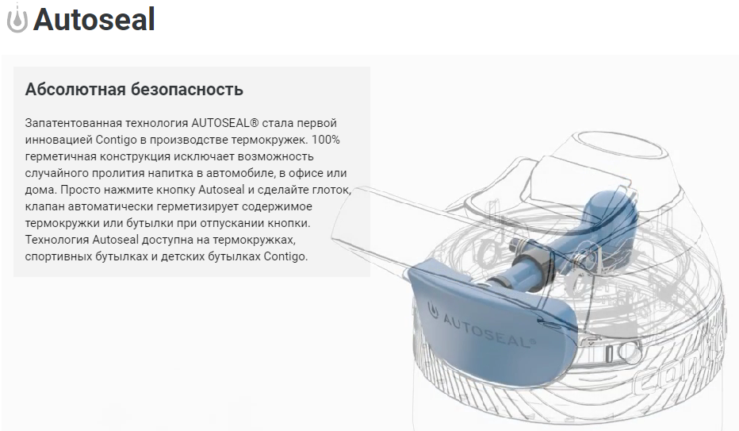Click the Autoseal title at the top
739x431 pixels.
coord(94,20)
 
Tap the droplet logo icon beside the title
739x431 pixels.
coord(17,19)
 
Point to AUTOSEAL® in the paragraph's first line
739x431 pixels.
coord(225,123)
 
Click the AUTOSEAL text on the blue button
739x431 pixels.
coord(488,329)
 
